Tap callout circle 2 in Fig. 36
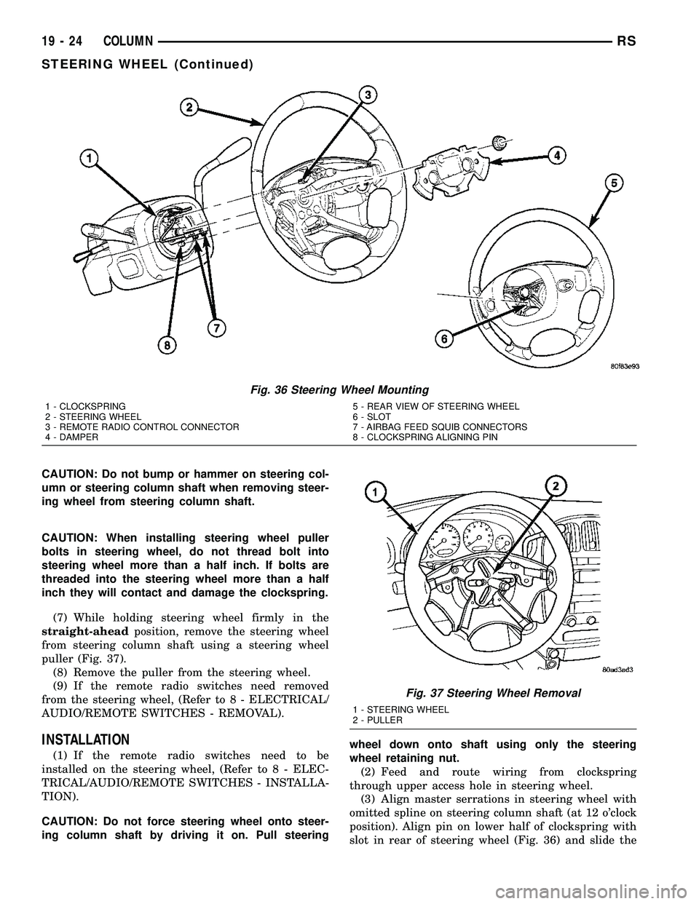coord(189,108)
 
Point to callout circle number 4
coord(556,154)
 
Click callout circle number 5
coord(614,185)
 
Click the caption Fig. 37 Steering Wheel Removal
coord(492,694)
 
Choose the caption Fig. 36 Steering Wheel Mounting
coord(349,391)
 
